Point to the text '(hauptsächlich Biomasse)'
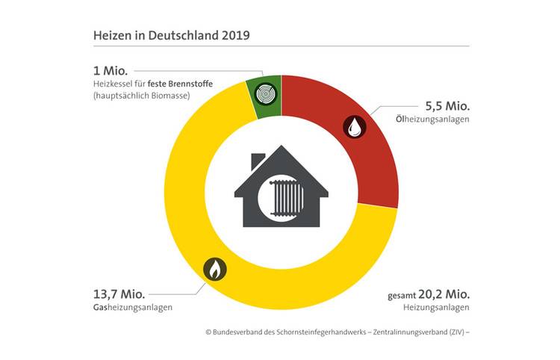pyautogui.click(x=142, y=96)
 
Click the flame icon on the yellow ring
pyautogui.click(x=214, y=267)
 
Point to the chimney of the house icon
pyautogui.click(x=258, y=161)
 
